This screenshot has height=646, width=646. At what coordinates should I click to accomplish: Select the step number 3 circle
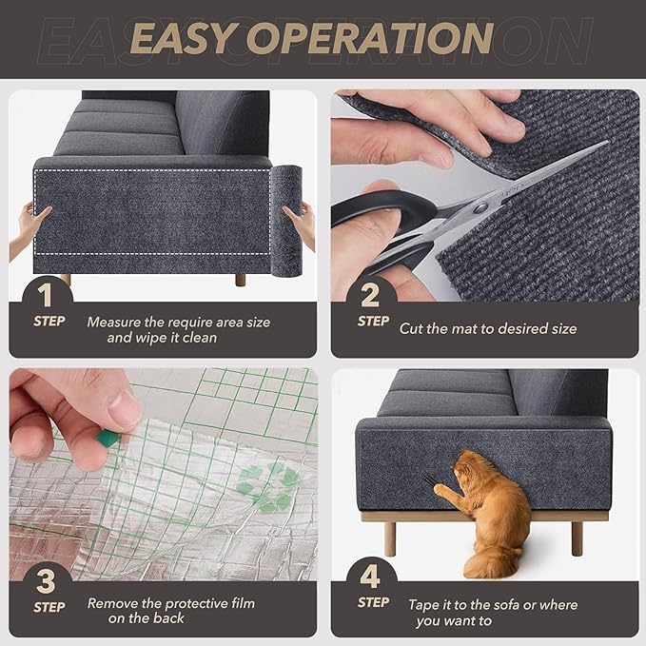click(49, 577)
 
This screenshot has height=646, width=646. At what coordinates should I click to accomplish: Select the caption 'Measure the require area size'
click(178, 322)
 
